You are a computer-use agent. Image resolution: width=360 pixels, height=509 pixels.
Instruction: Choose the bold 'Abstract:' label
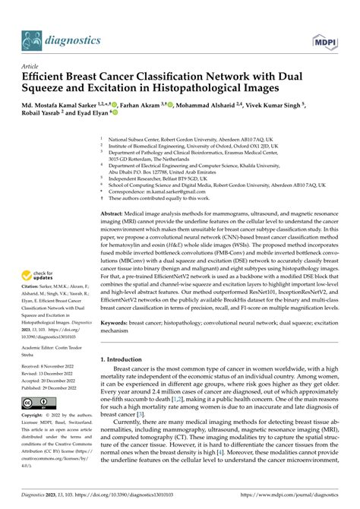(115, 215)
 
